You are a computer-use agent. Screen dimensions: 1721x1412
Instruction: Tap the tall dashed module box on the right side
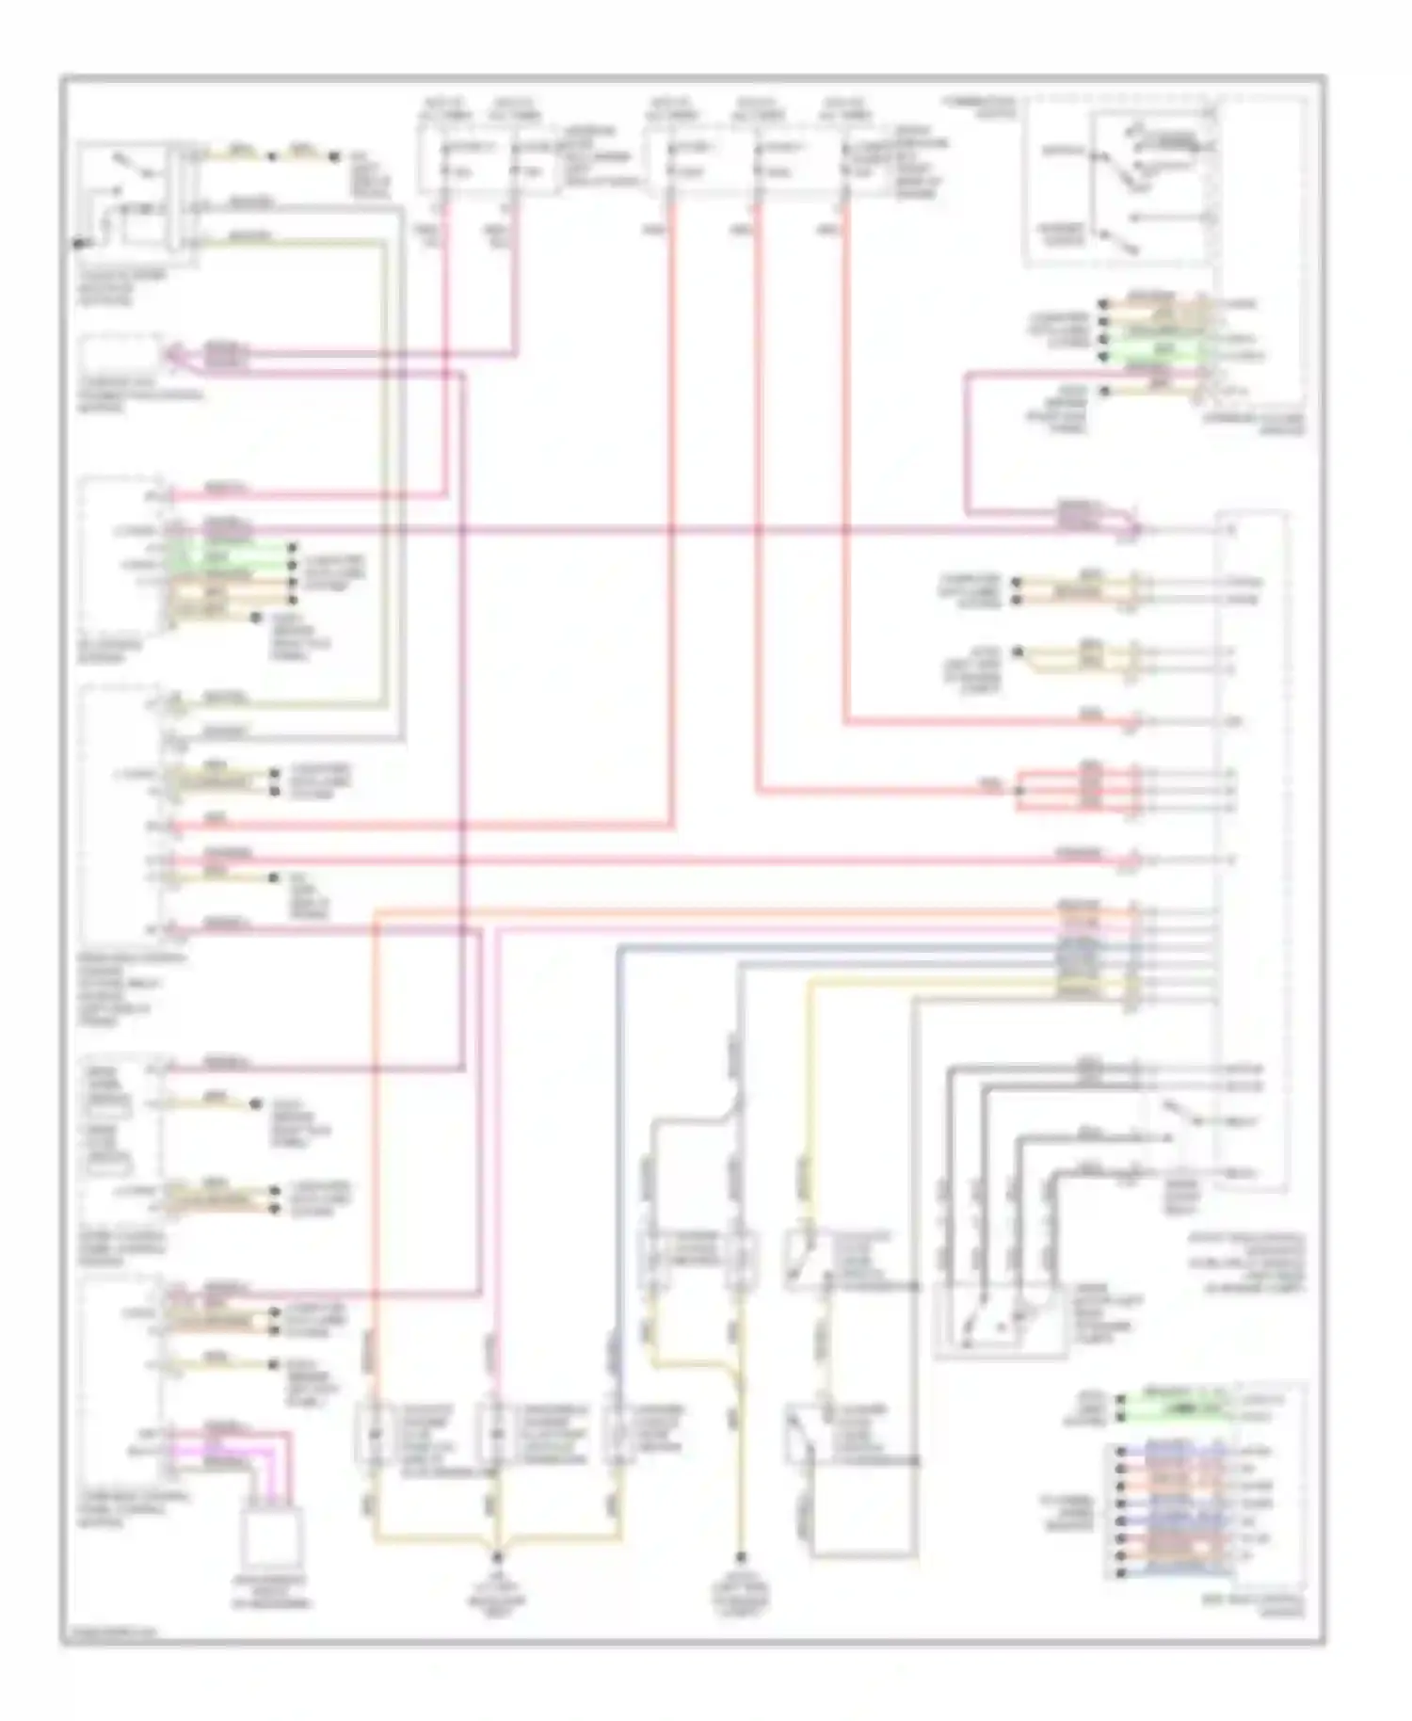tap(1251, 847)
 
